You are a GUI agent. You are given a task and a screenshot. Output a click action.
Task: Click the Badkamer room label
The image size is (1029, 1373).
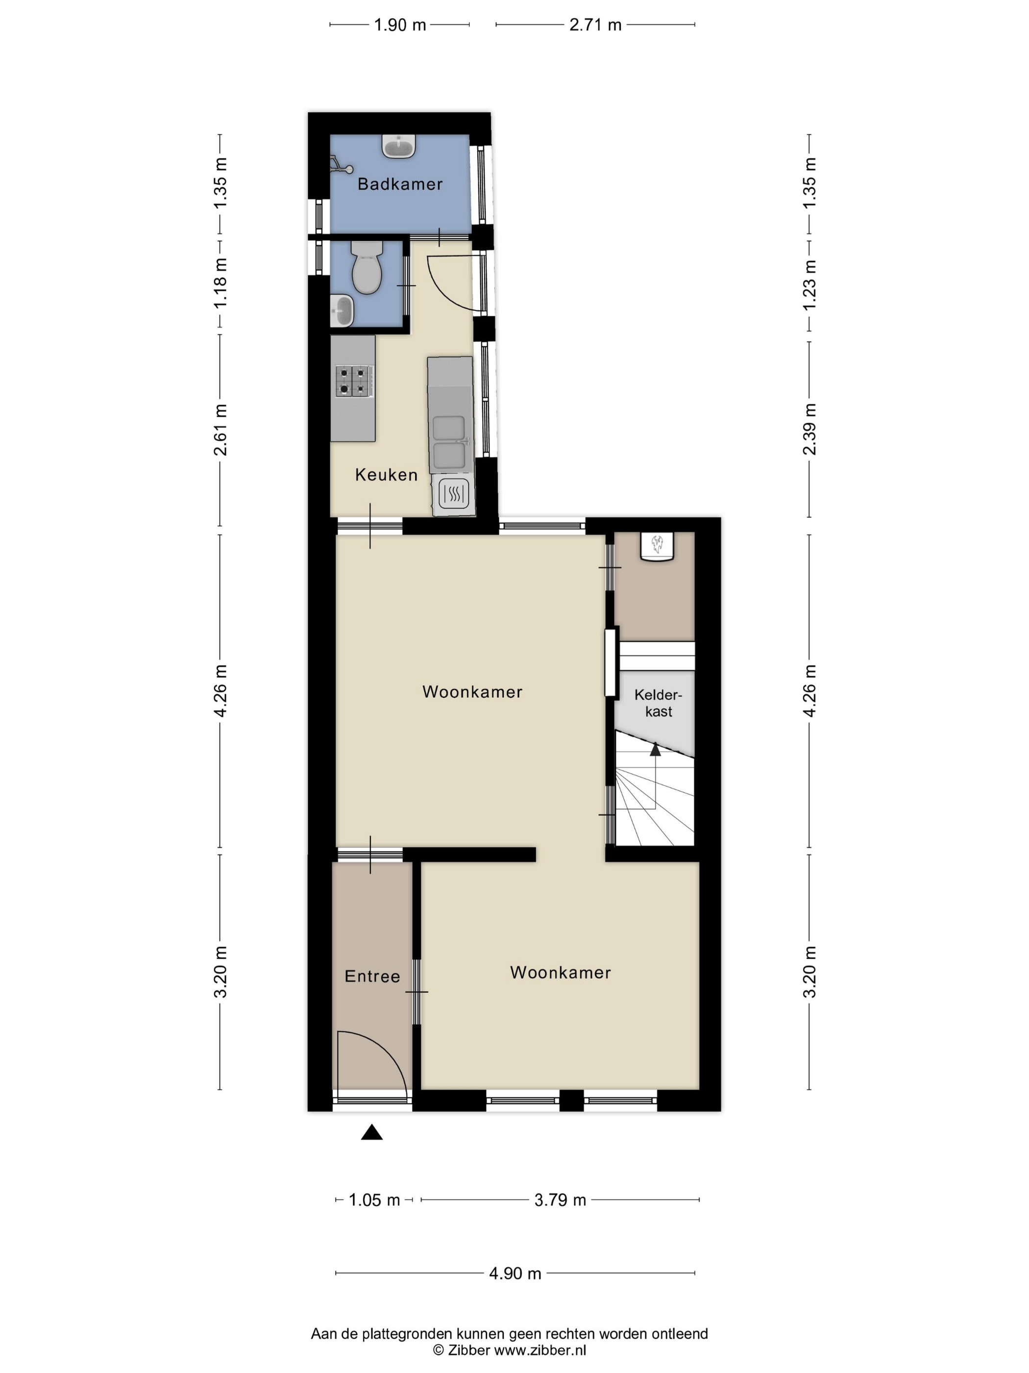point(400,184)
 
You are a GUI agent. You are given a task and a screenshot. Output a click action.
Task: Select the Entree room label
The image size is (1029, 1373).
point(372,976)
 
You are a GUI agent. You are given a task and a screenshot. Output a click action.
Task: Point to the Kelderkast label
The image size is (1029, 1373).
point(658,703)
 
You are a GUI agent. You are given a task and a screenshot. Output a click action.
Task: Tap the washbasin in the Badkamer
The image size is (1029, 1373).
point(399,147)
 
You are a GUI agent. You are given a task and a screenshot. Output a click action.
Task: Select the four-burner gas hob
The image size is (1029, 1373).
point(354,381)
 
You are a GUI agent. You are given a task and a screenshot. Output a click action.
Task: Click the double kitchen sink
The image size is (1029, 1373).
point(449,442)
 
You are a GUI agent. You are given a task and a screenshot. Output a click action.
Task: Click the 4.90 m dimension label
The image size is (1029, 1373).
point(515,1273)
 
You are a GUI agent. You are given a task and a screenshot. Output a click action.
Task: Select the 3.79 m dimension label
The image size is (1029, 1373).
point(560,1200)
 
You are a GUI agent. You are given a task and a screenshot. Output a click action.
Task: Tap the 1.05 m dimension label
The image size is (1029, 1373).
point(374,1200)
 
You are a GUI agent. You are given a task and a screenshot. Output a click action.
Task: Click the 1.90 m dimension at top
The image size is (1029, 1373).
point(400,25)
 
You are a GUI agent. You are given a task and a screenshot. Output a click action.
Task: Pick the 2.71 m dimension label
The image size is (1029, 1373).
point(595,25)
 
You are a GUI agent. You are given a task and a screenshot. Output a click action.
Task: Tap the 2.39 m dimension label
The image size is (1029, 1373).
point(809,429)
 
